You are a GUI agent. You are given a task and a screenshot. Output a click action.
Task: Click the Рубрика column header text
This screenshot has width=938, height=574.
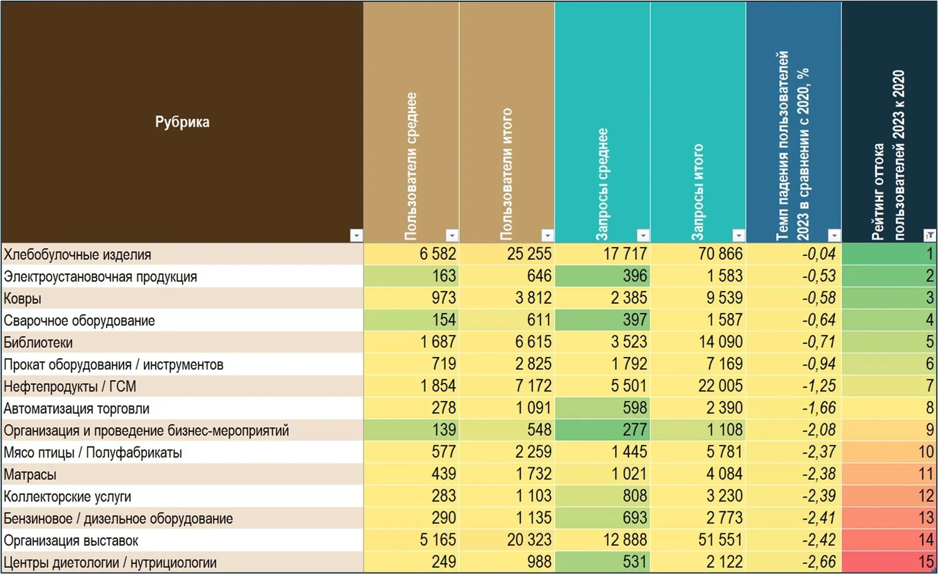tap(182, 122)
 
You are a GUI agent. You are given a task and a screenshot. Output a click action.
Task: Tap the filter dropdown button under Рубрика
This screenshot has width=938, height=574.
tap(356, 235)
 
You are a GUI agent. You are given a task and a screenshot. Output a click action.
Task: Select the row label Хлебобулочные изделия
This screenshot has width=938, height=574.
tap(77, 255)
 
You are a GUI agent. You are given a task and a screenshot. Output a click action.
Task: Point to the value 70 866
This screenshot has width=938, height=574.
tap(720, 254)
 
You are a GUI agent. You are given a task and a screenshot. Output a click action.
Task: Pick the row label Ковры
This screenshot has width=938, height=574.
tap(22, 299)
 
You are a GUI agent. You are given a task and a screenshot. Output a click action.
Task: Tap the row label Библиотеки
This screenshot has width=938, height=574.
tap(38, 343)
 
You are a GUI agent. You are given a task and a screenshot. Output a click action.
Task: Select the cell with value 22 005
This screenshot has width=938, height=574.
tap(720, 386)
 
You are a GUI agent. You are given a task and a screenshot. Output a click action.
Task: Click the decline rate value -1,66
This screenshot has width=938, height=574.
tap(819, 408)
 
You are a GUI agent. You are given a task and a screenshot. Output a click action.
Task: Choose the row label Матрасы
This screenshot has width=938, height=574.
tap(30, 475)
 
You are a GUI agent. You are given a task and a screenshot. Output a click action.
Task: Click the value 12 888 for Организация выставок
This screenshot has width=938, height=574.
tap(625, 540)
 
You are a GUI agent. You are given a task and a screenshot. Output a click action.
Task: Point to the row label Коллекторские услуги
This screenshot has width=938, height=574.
tap(67, 497)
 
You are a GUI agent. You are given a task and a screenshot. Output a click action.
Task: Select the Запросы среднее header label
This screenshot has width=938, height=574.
tap(602, 184)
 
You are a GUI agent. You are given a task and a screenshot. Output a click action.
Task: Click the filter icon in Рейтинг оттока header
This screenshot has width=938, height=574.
tap(929, 235)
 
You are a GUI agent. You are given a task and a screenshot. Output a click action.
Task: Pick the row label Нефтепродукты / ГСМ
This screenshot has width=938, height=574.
tap(70, 387)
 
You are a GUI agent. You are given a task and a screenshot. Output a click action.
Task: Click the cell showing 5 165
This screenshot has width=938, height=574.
tap(437, 540)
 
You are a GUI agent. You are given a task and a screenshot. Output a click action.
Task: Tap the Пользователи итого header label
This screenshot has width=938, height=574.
tap(506, 174)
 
